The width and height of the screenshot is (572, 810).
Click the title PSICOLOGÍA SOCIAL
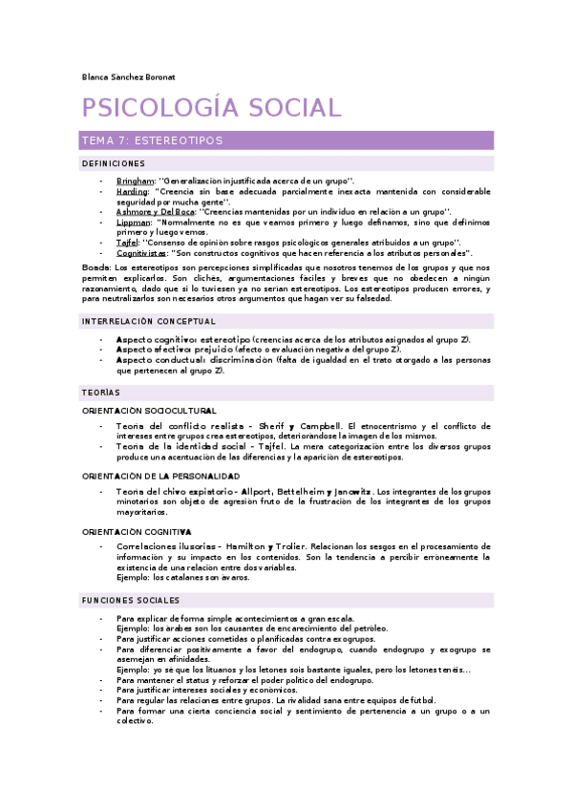pos(210,107)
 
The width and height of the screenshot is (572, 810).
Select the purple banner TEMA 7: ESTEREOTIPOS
pos(286,140)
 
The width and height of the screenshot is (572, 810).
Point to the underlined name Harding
pos(132,191)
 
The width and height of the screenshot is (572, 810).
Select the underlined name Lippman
pos(133,222)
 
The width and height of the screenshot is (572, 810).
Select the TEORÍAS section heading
pos(101,393)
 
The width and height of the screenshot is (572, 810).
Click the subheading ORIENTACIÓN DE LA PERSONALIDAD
pos(160,475)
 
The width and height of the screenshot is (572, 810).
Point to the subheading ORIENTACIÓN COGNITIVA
pos(137,530)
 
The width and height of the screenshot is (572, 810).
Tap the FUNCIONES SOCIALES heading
pos(130,600)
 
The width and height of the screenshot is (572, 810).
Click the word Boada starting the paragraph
pos(95,268)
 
